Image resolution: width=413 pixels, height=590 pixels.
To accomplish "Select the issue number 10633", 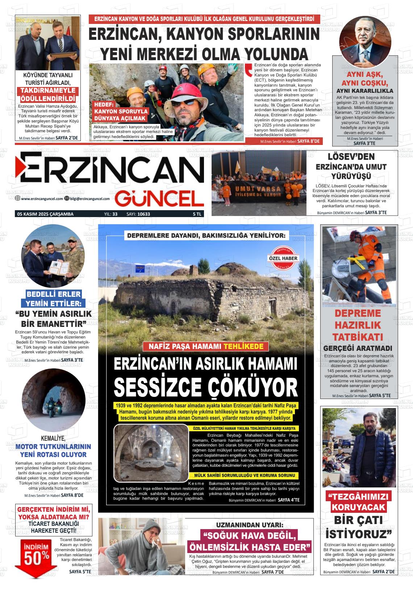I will (143, 214).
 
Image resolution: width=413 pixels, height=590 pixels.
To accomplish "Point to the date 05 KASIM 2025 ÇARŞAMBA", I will (45, 214).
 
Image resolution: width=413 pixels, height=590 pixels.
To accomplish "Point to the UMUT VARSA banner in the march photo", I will (258, 191).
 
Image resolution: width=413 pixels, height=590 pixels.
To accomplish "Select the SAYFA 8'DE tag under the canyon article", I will (308, 141).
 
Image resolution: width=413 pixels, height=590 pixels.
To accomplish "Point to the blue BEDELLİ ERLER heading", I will (54, 294).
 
